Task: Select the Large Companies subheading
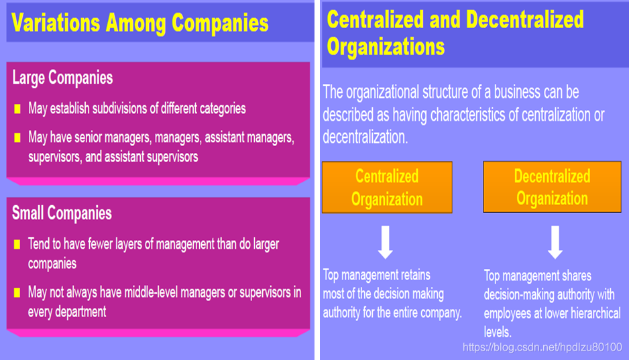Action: [62, 78]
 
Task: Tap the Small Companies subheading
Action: [62, 214]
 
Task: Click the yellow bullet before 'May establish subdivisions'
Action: [17, 109]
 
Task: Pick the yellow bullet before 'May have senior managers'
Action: [17, 138]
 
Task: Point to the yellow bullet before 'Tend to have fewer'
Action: [17, 245]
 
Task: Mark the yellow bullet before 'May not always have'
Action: [17, 293]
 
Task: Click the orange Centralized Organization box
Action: [387, 188]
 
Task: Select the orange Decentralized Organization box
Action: [552, 188]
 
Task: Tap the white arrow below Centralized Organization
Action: [385, 243]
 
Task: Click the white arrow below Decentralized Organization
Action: [555, 243]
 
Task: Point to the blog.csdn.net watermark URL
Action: [542, 347]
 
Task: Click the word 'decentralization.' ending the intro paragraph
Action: [365, 137]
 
